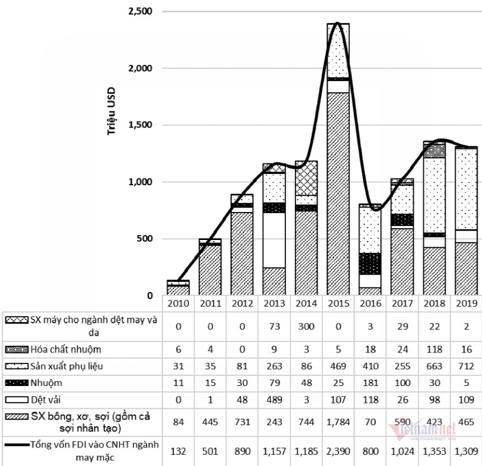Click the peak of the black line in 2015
tap(337, 23)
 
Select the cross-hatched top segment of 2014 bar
tap(306, 178)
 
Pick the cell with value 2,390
tap(338, 451)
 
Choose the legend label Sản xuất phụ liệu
tap(68, 366)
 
